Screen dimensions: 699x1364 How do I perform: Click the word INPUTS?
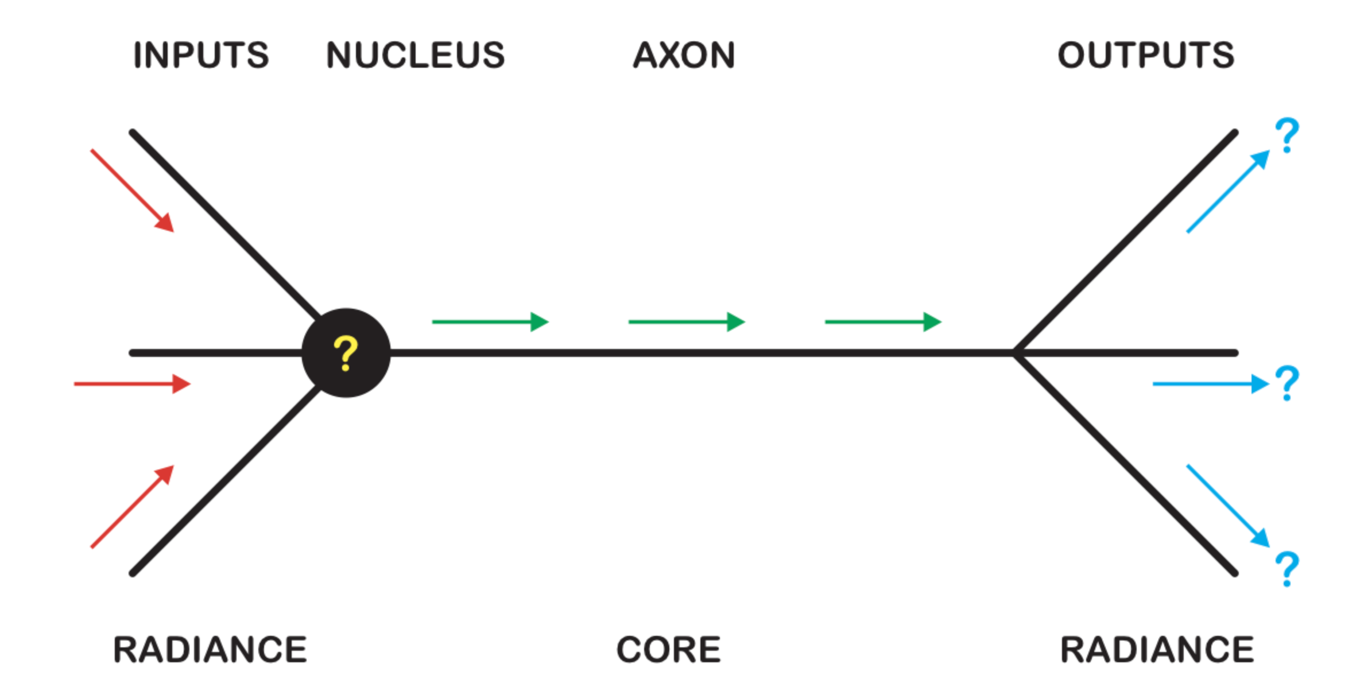click(x=201, y=56)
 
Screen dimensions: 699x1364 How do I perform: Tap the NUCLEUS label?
click(x=415, y=56)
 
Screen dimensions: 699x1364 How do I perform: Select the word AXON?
click(x=684, y=56)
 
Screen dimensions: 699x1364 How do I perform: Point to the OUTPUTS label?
click(x=1146, y=56)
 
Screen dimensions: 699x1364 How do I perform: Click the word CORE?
click(x=668, y=650)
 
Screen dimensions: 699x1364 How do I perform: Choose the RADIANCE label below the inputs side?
click(x=210, y=650)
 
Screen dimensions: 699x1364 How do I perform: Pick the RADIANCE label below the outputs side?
click(x=1157, y=650)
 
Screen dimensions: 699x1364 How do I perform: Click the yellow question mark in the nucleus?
click(x=346, y=354)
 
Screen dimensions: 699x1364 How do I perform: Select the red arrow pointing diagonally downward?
click(x=133, y=191)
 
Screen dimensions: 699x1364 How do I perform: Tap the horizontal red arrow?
click(x=132, y=383)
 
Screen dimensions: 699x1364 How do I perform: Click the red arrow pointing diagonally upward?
click(x=133, y=507)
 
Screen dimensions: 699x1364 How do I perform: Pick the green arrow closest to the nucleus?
click(x=490, y=322)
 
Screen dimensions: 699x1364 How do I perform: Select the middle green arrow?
click(x=687, y=322)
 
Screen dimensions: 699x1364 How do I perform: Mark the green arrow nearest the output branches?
click(x=883, y=322)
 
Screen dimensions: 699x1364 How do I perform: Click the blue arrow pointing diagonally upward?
click(x=1228, y=191)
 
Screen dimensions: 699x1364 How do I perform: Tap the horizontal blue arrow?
click(x=1210, y=383)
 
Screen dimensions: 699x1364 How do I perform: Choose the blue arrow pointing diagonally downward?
click(x=1228, y=506)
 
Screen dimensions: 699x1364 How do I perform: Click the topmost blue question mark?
click(x=1287, y=135)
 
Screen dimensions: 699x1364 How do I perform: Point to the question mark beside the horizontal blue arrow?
click(x=1287, y=383)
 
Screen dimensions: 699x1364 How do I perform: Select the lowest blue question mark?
click(x=1287, y=569)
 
